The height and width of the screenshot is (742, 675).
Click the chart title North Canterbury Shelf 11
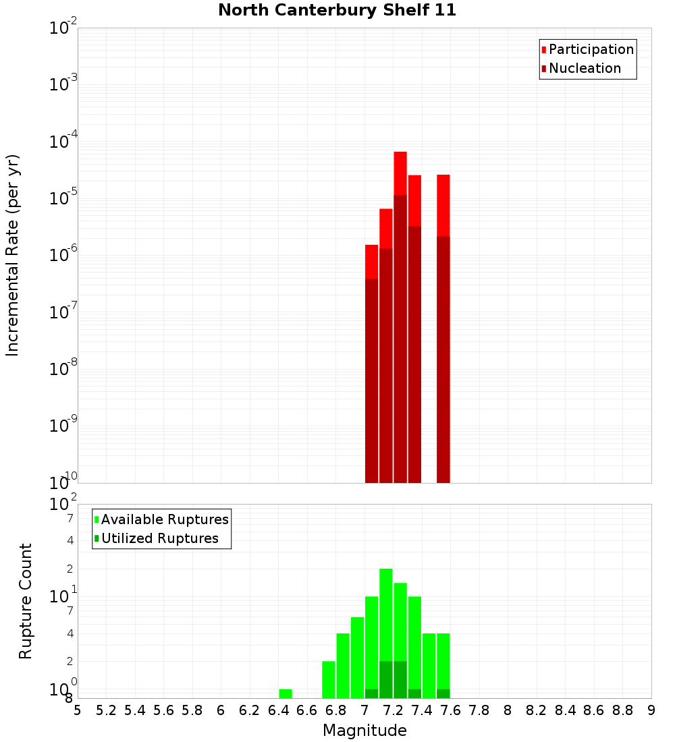[337, 11]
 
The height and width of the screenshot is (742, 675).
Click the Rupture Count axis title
[26, 600]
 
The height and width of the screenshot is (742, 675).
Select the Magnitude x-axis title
[364, 731]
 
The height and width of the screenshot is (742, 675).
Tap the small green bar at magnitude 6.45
[286, 693]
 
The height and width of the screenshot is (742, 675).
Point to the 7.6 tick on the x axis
[450, 710]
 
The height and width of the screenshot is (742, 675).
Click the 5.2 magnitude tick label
[106, 710]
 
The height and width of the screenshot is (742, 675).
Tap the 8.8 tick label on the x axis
[622, 710]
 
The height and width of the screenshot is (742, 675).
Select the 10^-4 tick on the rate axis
[64, 142]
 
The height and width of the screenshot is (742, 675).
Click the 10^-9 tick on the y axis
[64, 426]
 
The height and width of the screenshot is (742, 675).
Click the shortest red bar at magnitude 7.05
[371, 364]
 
